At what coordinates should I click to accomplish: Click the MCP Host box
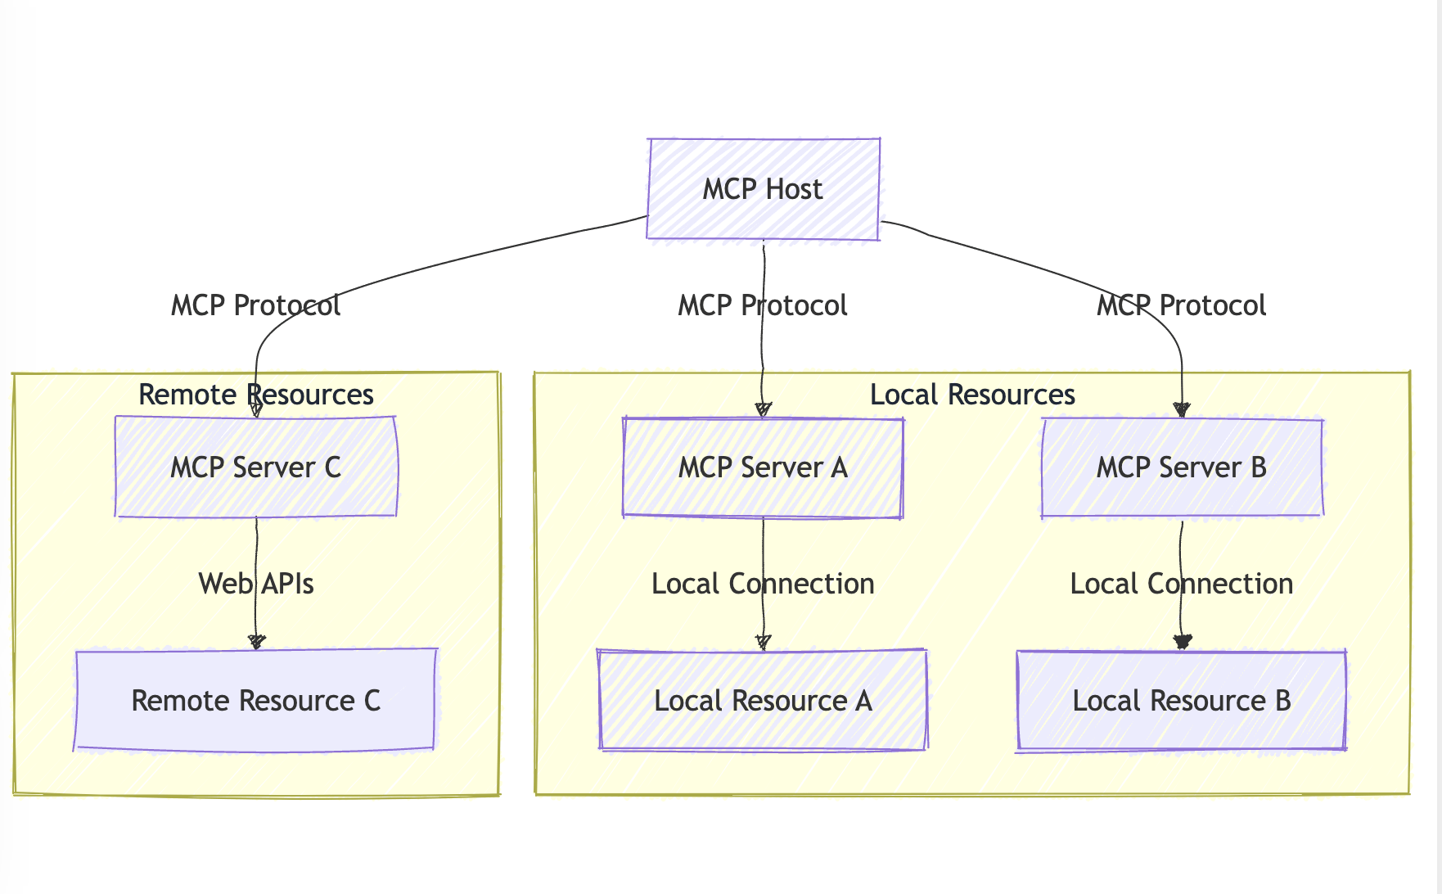click(x=763, y=189)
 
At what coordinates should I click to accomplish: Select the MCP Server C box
click(x=255, y=467)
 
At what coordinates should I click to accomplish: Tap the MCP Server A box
click(x=763, y=467)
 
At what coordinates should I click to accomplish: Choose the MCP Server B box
click(x=1181, y=467)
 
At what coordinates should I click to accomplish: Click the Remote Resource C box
click(x=255, y=701)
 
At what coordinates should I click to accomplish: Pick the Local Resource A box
click(x=763, y=701)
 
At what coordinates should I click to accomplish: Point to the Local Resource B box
click(x=1181, y=701)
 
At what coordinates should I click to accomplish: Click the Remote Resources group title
click(x=255, y=395)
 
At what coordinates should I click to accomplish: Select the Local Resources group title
click(x=971, y=395)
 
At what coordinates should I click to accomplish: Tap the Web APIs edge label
click(x=255, y=584)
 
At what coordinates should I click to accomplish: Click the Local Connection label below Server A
click(x=763, y=584)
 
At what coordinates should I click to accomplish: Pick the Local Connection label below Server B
click(x=1181, y=584)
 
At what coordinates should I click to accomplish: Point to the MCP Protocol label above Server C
click(x=255, y=305)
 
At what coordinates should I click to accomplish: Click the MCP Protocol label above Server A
click(x=763, y=305)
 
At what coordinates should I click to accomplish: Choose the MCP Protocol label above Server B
click(x=1181, y=305)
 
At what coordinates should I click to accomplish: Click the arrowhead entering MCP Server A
click(x=763, y=410)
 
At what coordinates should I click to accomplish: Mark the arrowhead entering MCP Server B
click(x=1181, y=410)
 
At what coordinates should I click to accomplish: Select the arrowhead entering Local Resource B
click(x=1181, y=643)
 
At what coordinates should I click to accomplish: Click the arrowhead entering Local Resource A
click(x=763, y=643)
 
